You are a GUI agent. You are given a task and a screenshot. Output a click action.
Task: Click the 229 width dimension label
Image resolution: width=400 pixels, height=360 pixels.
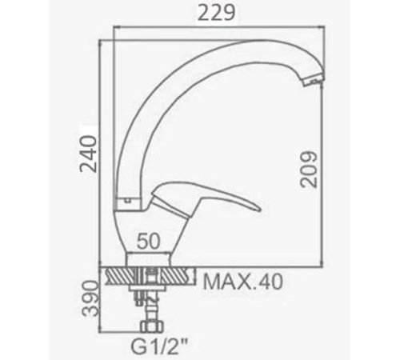coord(217,13)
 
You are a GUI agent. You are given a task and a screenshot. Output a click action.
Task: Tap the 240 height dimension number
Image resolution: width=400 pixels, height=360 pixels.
coord(89,154)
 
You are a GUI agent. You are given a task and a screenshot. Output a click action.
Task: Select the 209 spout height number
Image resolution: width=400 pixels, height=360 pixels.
coord(309,170)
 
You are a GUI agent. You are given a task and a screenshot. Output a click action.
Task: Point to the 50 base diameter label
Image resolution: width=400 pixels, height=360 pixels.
coord(149,241)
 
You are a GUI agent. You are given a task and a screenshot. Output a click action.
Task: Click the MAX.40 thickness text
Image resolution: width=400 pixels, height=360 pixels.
coord(242,282)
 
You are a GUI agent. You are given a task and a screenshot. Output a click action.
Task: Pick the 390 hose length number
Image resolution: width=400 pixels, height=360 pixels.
coord(90,298)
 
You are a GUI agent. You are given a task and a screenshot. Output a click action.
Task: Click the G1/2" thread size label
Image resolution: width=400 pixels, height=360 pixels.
coord(158,346)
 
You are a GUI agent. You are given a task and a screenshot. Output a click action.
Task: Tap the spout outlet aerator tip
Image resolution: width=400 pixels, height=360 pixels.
coord(314,80)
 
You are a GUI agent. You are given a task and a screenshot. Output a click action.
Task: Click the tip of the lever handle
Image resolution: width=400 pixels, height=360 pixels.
coord(259,208)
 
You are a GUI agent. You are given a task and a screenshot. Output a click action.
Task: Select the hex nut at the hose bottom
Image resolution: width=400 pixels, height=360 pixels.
coord(152,326)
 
